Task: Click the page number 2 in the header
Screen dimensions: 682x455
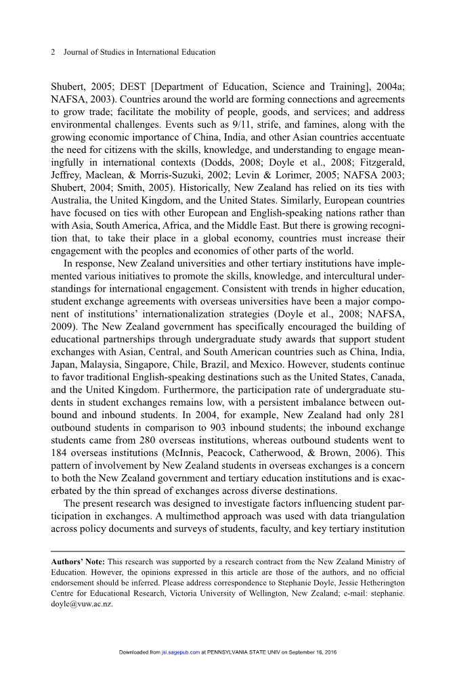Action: pyautogui.click(x=52, y=52)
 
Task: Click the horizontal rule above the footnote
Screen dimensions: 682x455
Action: pyautogui.click(x=227, y=551)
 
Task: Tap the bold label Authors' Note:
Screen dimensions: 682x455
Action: pyautogui.click(x=77, y=562)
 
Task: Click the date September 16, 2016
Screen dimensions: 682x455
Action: pyautogui.click(x=308, y=653)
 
